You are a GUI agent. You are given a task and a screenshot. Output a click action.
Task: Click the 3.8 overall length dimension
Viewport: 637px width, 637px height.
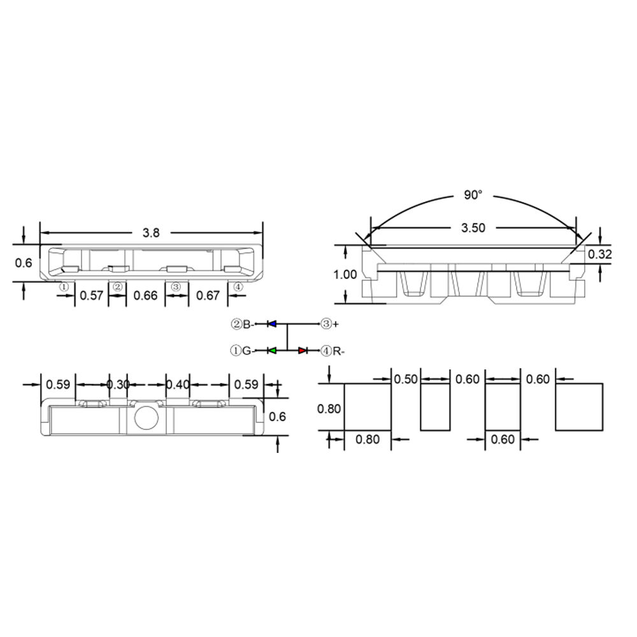[x=151, y=233]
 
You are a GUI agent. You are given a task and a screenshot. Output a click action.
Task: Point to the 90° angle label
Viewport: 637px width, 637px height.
[x=473, y=195]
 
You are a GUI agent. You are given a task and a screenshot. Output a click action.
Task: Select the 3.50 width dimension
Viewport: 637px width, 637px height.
[x=473, y=227]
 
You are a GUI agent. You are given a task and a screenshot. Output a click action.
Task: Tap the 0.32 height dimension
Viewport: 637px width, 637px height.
[x=599, y=254]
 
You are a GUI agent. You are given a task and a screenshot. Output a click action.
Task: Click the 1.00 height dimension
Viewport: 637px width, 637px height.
[x=345, y=275]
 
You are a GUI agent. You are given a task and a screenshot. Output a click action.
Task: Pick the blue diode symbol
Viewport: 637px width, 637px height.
[x=272, y=324]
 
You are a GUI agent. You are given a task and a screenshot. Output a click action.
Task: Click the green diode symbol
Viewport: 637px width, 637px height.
[x=272, y=350]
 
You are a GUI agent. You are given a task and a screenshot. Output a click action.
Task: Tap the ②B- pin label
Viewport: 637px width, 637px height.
[x=243, y=324]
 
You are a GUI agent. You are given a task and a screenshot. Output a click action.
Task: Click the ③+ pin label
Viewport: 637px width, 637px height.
[x=330, y=324]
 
